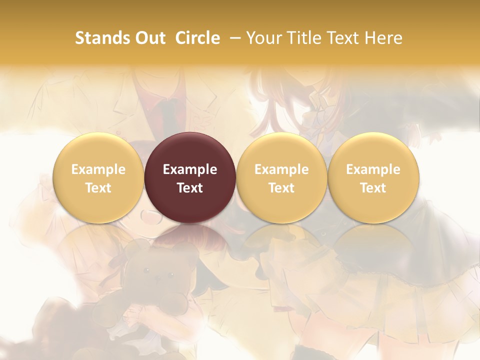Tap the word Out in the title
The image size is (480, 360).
pyautogui.click(x=150, y=38)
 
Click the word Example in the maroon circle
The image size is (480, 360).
pyautogui.click(x=190, y=169)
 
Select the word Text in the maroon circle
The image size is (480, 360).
pyautogui.click(x=190, y=188)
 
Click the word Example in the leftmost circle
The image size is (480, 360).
pyautogui.click(x=98, y=169)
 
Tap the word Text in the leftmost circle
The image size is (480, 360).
pyautogui.click(x=98, y=188)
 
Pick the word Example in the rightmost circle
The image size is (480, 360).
pyautogui.click(x=373, y=169)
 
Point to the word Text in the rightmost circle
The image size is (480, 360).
pyautogui.click(x=373, y=188)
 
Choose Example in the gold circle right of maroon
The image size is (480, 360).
pyautogui.click(x=281, y=169)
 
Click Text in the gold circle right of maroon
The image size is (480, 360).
pyautogui.click(x=281, y=188)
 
